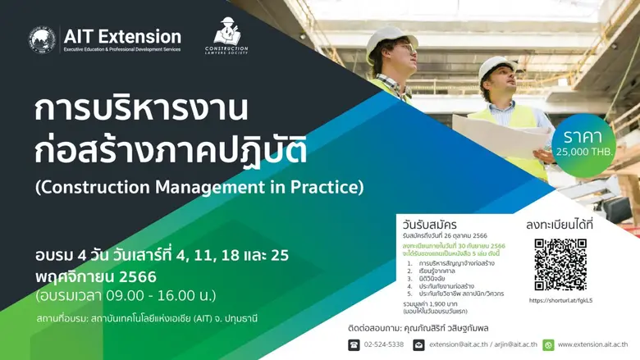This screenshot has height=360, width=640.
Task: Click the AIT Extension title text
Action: coord(122,36)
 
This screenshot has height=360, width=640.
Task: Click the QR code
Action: coord(561,263)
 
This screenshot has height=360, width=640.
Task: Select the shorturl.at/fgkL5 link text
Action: coord(561,300)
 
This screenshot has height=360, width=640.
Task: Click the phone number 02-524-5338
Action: coord(384,344)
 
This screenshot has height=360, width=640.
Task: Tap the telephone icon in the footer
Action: coord(354,344)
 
